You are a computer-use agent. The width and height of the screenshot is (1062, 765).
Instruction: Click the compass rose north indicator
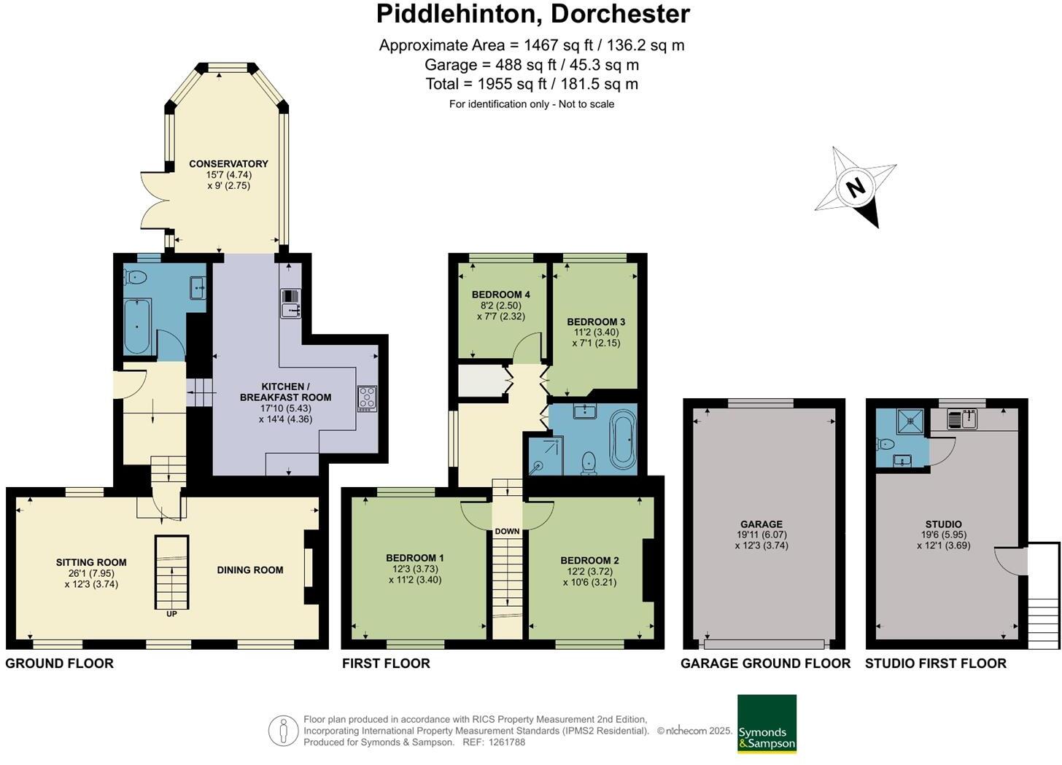pyautogui.click(x=856, y=187)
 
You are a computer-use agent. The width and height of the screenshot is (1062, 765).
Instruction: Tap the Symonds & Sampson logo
pyautogui.click(x=767, y=723)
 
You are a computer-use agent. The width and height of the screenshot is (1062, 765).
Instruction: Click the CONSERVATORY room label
pyautogui.click(x=228, y=163)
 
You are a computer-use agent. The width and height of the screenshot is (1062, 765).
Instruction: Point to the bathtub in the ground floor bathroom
pyautogui.click(x=137, y=325)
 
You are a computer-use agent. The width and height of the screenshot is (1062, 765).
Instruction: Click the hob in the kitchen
pyautogui.click(x=367, y=398)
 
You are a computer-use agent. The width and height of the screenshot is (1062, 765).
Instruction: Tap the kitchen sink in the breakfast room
pyautogui.click(x=290, y=303)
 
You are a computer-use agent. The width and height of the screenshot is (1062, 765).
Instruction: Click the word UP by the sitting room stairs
pyautogui.click(x=171, y=614)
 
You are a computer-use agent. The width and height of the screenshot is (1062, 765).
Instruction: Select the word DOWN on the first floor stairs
pyautogui.click(x=507, y=531)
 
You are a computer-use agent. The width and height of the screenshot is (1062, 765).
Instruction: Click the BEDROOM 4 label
pyautogui.click(x=500, y=295)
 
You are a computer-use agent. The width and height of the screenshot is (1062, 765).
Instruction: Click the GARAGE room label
pyautogui.click(x=761, y=524)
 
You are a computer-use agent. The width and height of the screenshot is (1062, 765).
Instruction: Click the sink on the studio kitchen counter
pyautogui.click(x=962, y=419)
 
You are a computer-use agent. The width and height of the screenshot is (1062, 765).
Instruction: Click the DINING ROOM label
pyautogui.click(x=249, y=570)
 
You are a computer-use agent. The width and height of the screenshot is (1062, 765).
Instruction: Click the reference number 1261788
pyautogui.click(x=507, y=742)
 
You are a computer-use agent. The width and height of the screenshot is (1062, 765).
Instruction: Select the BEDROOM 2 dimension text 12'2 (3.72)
pyautogui.click(x=589, y=571)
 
